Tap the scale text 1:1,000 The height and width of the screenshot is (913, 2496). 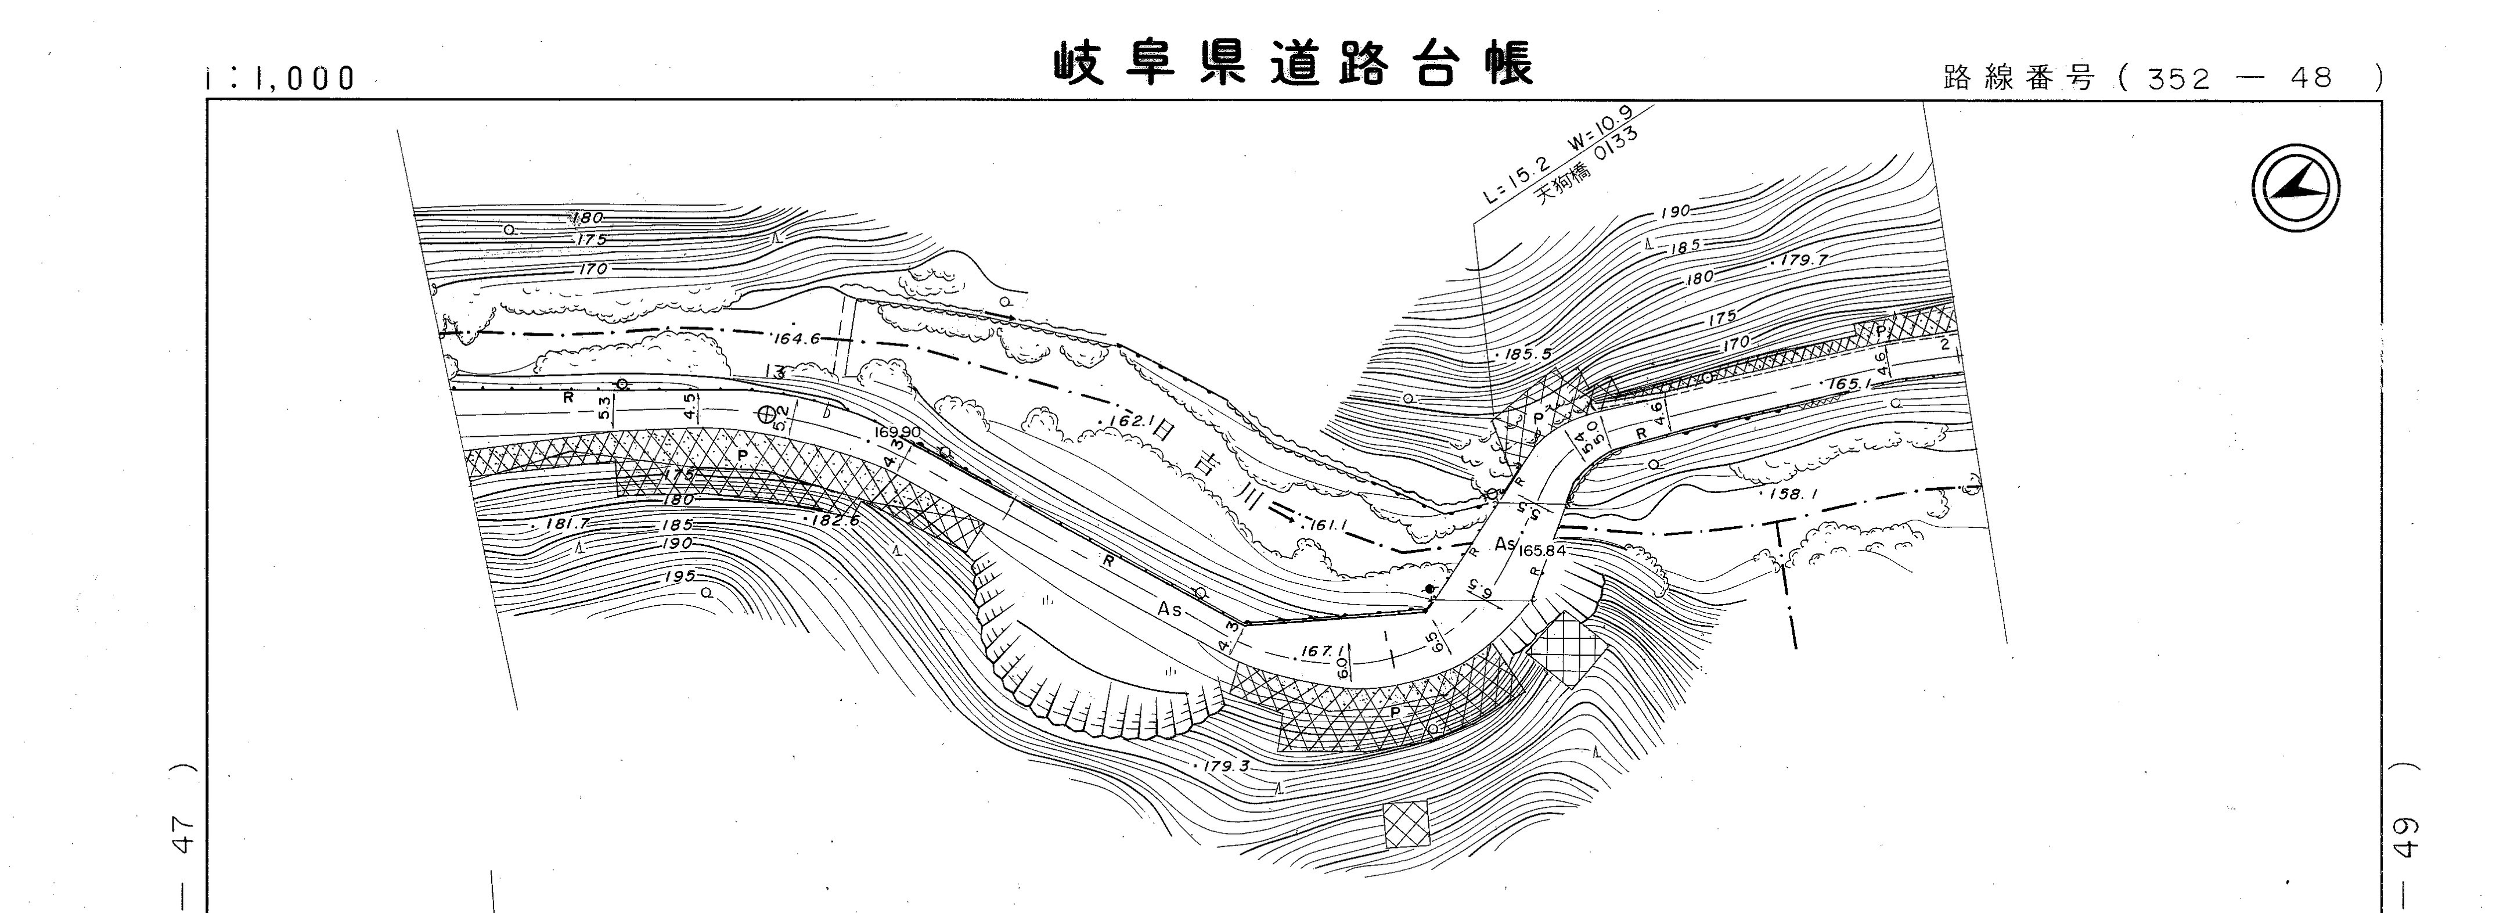coord(281,78)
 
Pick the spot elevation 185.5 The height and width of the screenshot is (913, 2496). coord(1529,355)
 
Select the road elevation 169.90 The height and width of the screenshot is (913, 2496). coord(897,432)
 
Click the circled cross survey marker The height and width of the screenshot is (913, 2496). coord(768,414)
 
